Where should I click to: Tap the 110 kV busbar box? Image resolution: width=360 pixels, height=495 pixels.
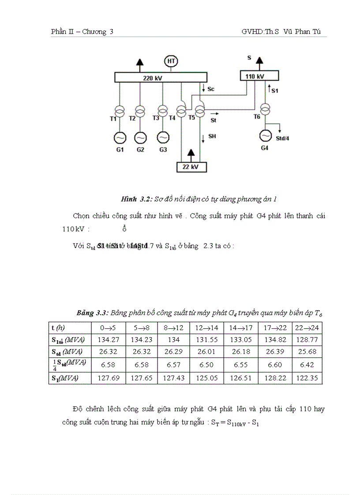[x=255, y=76]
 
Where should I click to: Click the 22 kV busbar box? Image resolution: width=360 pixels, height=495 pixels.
[x=191, y=167]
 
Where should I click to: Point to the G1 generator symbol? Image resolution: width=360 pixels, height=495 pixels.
[x=120, y=138]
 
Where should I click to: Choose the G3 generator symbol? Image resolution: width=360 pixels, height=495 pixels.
[x=163, y=138]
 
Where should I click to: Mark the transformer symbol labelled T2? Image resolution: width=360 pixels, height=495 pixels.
[x=140, y=110]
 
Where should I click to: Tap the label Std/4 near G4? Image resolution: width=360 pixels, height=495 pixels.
[x=282, y=138]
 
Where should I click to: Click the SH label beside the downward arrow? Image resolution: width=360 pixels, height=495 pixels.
[x=212, y=136]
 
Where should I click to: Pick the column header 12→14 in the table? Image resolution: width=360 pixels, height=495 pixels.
[x=207, y=328]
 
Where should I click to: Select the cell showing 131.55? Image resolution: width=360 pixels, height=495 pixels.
[x=207, y=339]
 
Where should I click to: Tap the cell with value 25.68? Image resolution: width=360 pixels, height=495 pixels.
[x=307, y=351]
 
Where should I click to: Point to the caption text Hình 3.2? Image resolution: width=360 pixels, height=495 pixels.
[x=136, y=199]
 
